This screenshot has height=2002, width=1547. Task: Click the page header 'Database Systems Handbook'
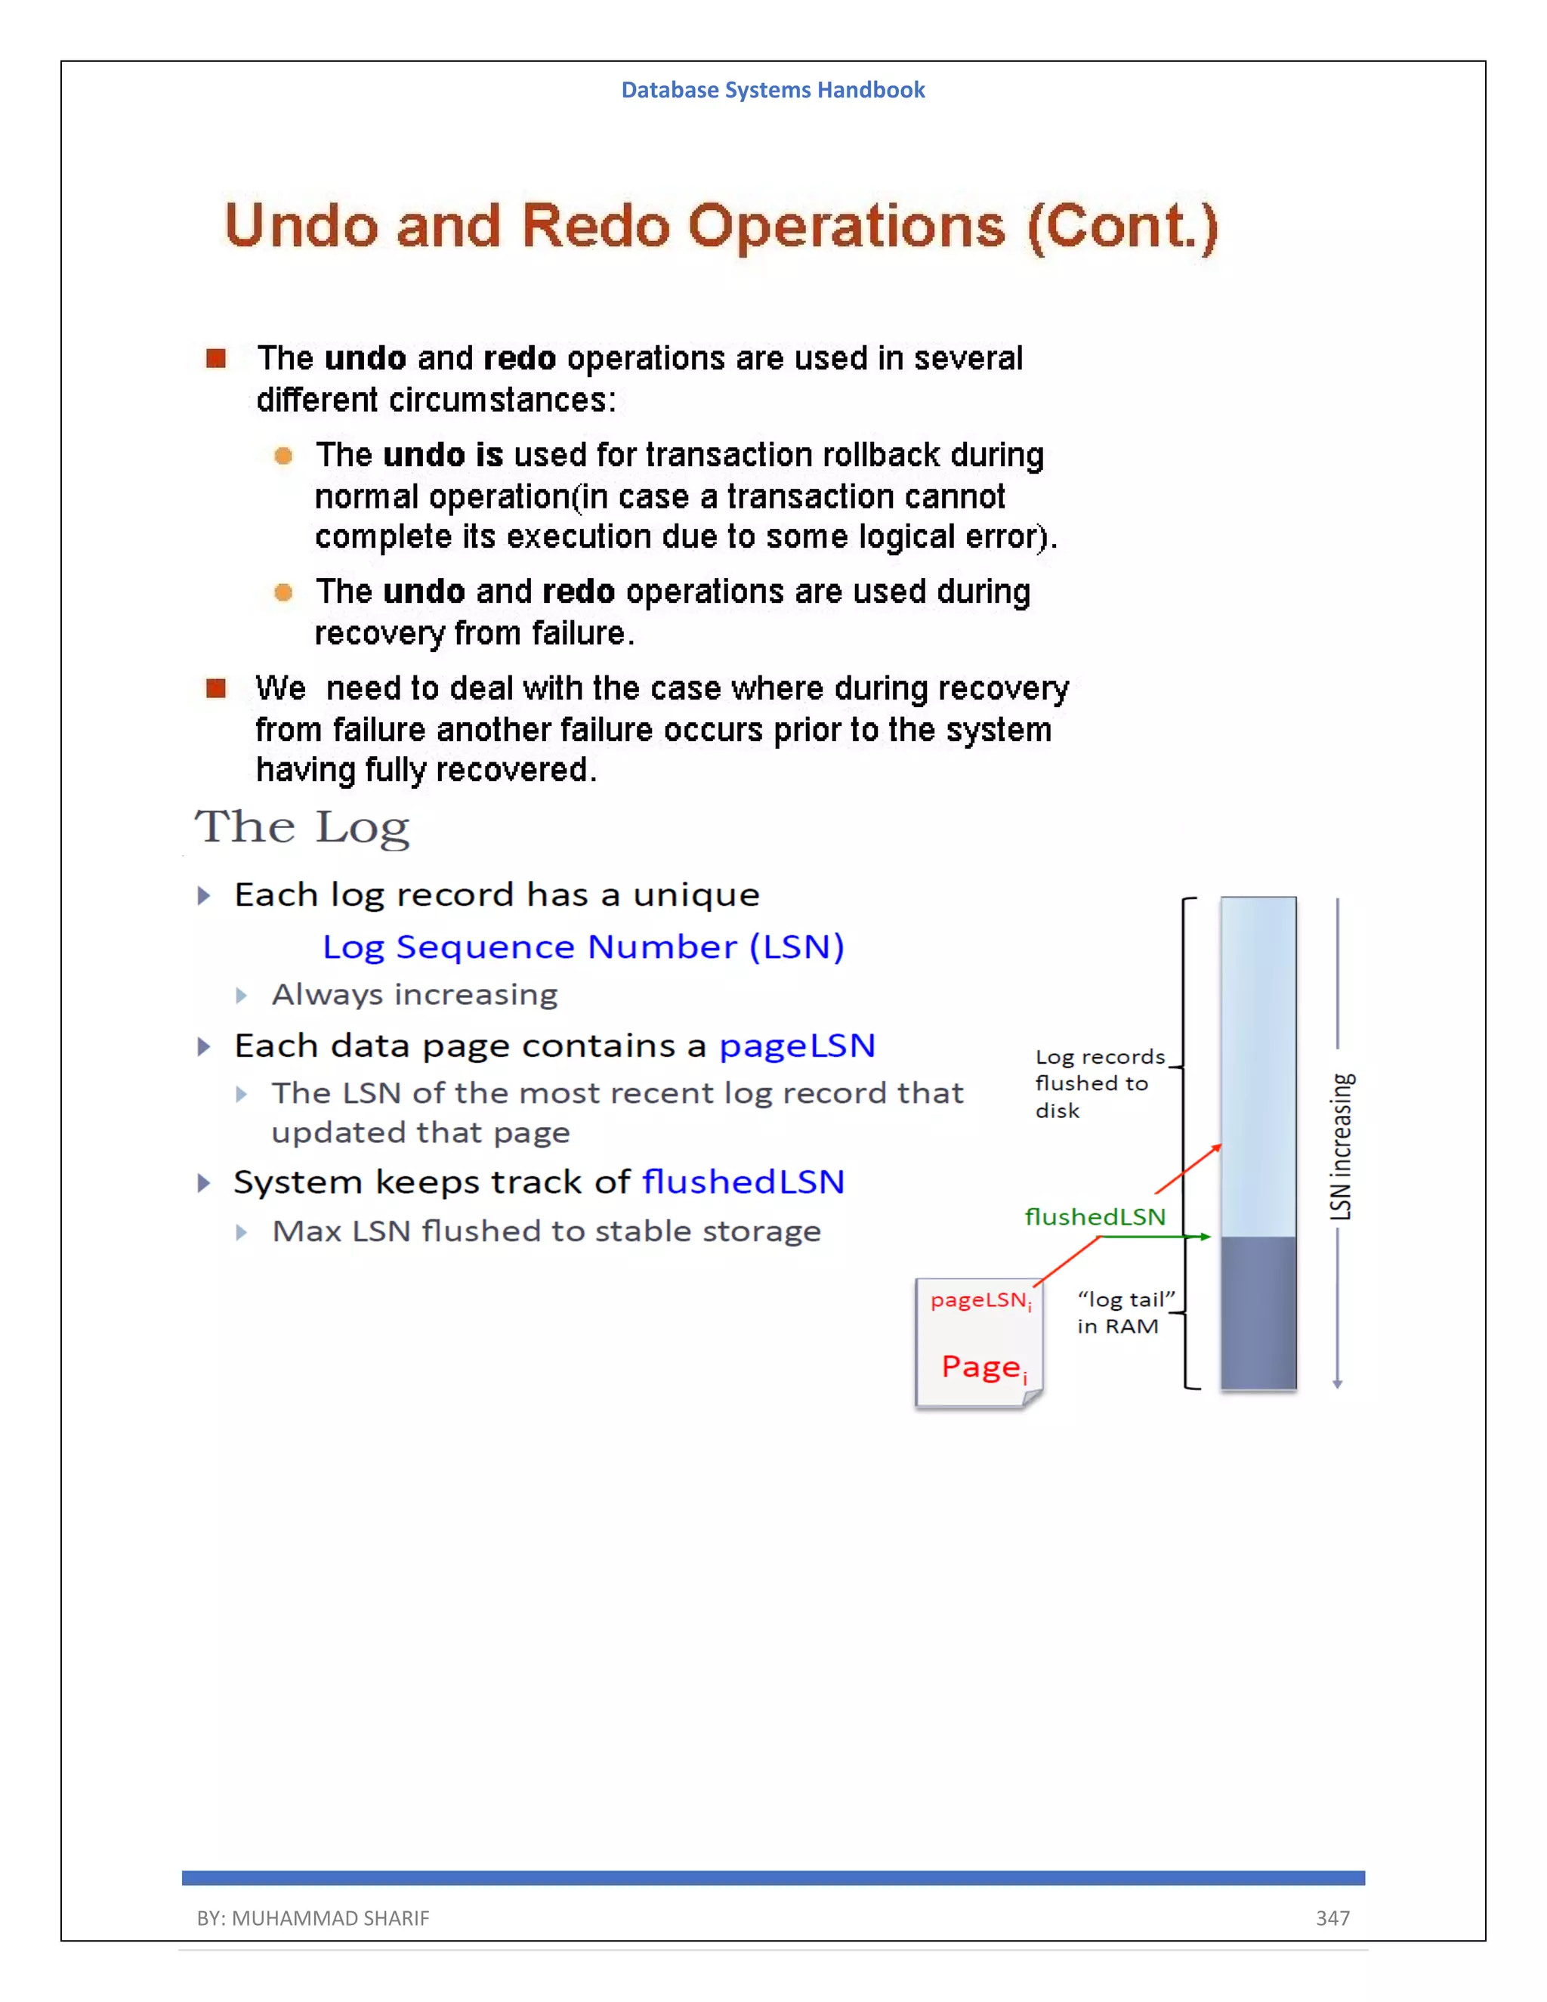[x=773, y=90]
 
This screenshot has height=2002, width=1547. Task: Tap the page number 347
[x=1332, y=1917]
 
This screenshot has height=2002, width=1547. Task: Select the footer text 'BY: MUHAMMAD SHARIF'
[x=313, y=1917]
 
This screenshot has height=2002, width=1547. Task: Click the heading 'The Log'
[x=301, y=828]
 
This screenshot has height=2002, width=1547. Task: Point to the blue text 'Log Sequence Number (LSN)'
[x=583, y=947]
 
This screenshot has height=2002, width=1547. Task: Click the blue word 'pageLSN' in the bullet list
[x=796, y=1046]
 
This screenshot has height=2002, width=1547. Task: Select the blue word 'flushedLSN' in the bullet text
[x=743, y=1182]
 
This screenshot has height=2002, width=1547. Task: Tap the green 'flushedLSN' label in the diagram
[x=1095, y=1217]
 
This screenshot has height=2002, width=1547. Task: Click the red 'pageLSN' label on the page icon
[x=979, y=1300]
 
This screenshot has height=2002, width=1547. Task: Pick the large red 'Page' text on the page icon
[x=980, y=1367]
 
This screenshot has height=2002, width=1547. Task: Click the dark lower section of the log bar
[x=1258, y=1313]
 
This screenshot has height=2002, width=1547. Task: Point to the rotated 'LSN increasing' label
[x=1340, y=1146]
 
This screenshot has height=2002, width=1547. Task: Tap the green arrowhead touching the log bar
[x=1205, y=1237]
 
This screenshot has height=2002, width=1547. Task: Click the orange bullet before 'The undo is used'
[x=283, y=456]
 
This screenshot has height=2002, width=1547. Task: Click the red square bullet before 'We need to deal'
[x=216, y=688]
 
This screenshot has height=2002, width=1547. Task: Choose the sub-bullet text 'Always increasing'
[x=414, y=995]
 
